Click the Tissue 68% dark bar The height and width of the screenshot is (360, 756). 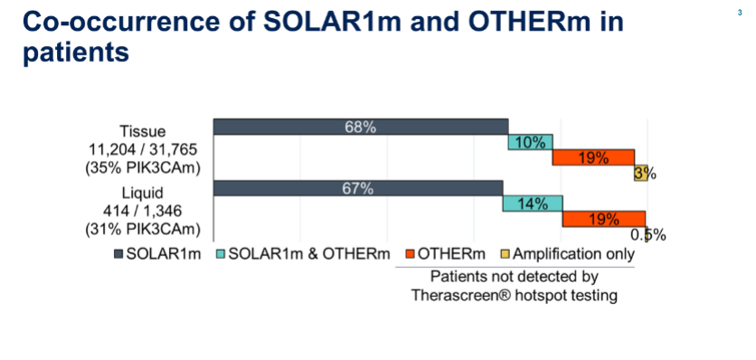coord(361,127)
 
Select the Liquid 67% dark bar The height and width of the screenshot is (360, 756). coord(358,188)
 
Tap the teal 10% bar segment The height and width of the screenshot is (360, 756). coord(530,142)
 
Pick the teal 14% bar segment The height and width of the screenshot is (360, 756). coord(533,204)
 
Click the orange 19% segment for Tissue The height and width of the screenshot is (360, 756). coord(593,157)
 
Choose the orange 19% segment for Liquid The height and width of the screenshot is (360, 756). coord(604,219)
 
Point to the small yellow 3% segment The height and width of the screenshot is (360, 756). coord(641,173)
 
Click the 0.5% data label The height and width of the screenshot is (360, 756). coord(648,235)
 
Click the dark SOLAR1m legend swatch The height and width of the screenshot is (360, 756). coord(118,254)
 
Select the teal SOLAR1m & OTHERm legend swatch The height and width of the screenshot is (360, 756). coord(221,254)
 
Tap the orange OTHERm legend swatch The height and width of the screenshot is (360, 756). coord(411,254)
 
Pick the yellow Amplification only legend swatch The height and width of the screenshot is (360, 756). coord(505,254)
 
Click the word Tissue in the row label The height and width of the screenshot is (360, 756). coord(142,131)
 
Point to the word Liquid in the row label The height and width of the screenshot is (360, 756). coord(142,193)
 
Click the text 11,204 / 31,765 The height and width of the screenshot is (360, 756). coord(142,150)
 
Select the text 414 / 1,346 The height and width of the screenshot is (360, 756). coord(142,211)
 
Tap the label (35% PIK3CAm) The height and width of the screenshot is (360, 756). coord(142,169)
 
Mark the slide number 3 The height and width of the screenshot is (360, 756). coord(740,13)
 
